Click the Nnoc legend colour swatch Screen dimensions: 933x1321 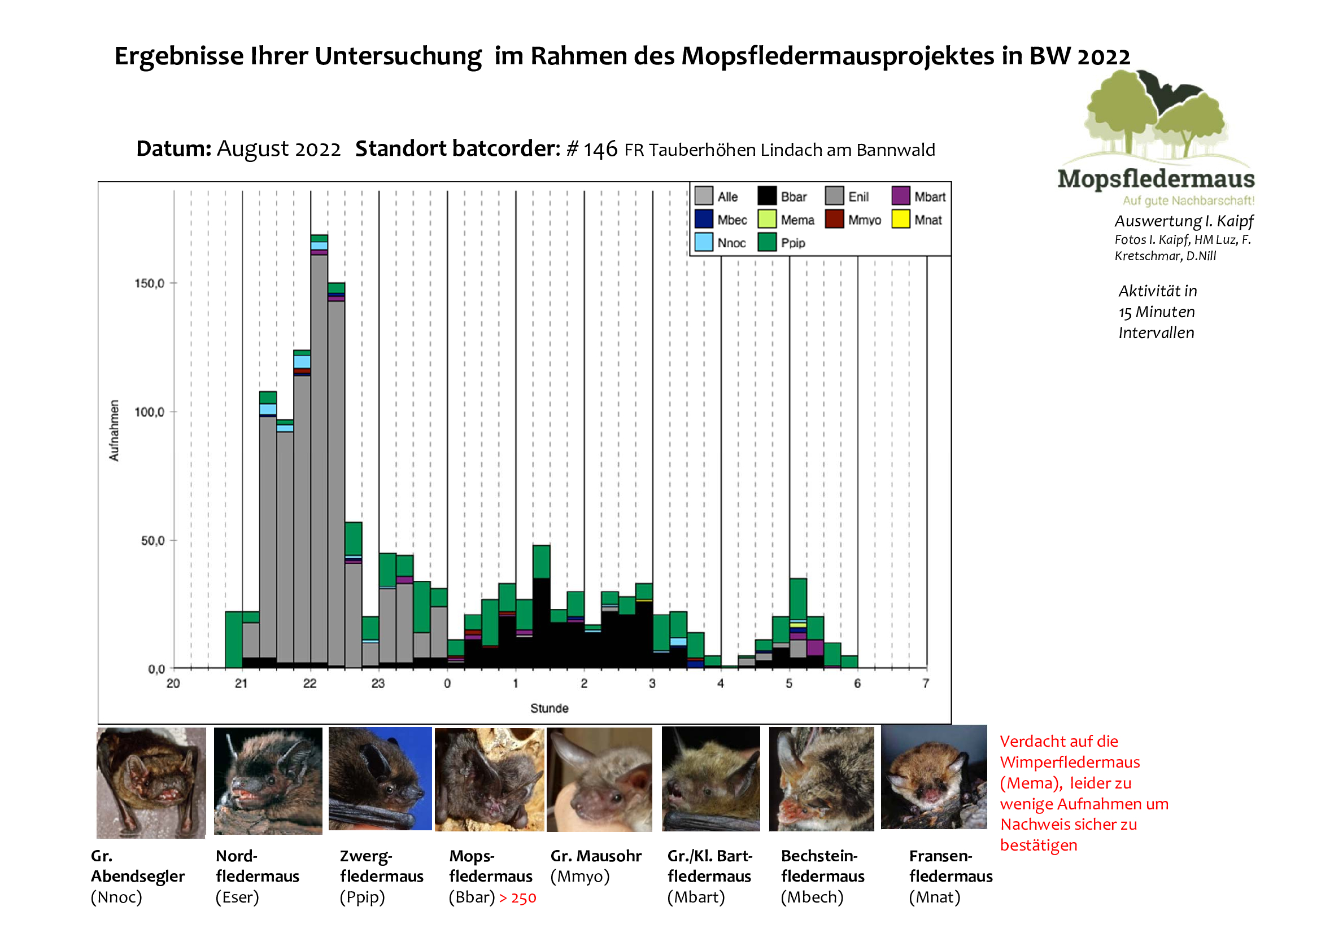tap(703, 242)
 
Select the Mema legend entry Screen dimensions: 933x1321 tap(797, 220)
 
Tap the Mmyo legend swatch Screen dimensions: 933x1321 tap(834, 219)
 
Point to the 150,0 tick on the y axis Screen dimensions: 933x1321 tap(150, 283)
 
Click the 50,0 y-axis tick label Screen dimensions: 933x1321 tap(152, 541)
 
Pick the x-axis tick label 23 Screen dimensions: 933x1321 tap(378, 684)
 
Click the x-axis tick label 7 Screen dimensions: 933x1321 tap(926, 684)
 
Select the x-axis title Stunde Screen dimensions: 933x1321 tap(549, 708)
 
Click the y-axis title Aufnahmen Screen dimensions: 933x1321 tap(114, 431)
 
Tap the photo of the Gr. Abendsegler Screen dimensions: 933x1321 tap(151, 782)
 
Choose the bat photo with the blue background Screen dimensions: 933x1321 tap(380, 779)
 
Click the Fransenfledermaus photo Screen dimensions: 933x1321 tap(933, 777)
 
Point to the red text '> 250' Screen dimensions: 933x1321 tap(517, 898)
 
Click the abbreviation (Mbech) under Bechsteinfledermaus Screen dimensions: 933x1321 tap(811, 897)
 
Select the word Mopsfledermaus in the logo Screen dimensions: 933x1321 tap(1156, 179)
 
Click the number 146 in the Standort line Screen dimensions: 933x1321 tap(600, 150)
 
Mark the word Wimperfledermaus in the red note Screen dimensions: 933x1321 tap(1070, 763)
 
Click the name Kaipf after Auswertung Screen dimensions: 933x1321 tap(1235, 221)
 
